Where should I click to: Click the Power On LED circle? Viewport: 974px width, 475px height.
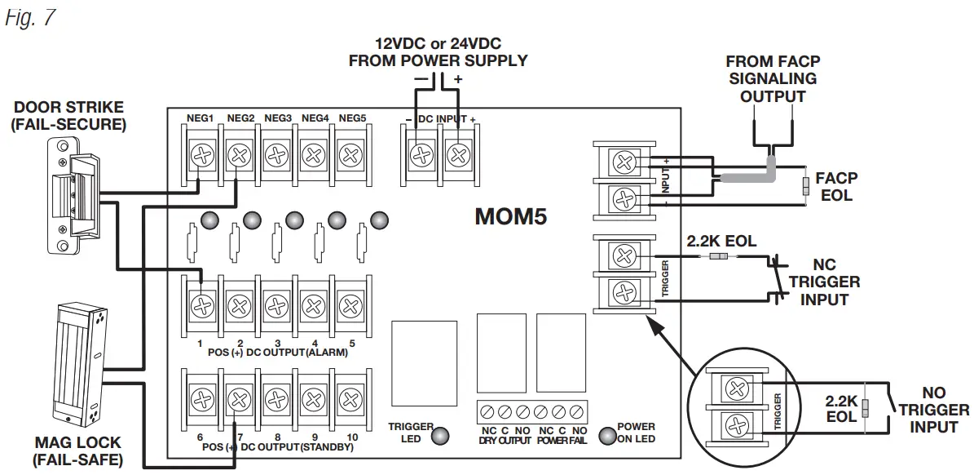607,436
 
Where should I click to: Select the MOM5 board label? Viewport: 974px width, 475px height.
511,217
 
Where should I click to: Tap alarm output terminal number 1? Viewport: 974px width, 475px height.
201,306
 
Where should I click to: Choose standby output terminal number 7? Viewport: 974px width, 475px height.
238,399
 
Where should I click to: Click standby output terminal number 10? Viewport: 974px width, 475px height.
350,399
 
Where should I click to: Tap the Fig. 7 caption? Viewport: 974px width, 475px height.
30,18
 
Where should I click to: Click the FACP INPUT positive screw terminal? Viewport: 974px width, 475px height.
624,162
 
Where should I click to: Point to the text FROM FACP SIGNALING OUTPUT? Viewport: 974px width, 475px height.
772,79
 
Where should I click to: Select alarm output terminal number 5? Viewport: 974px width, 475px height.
350,306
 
